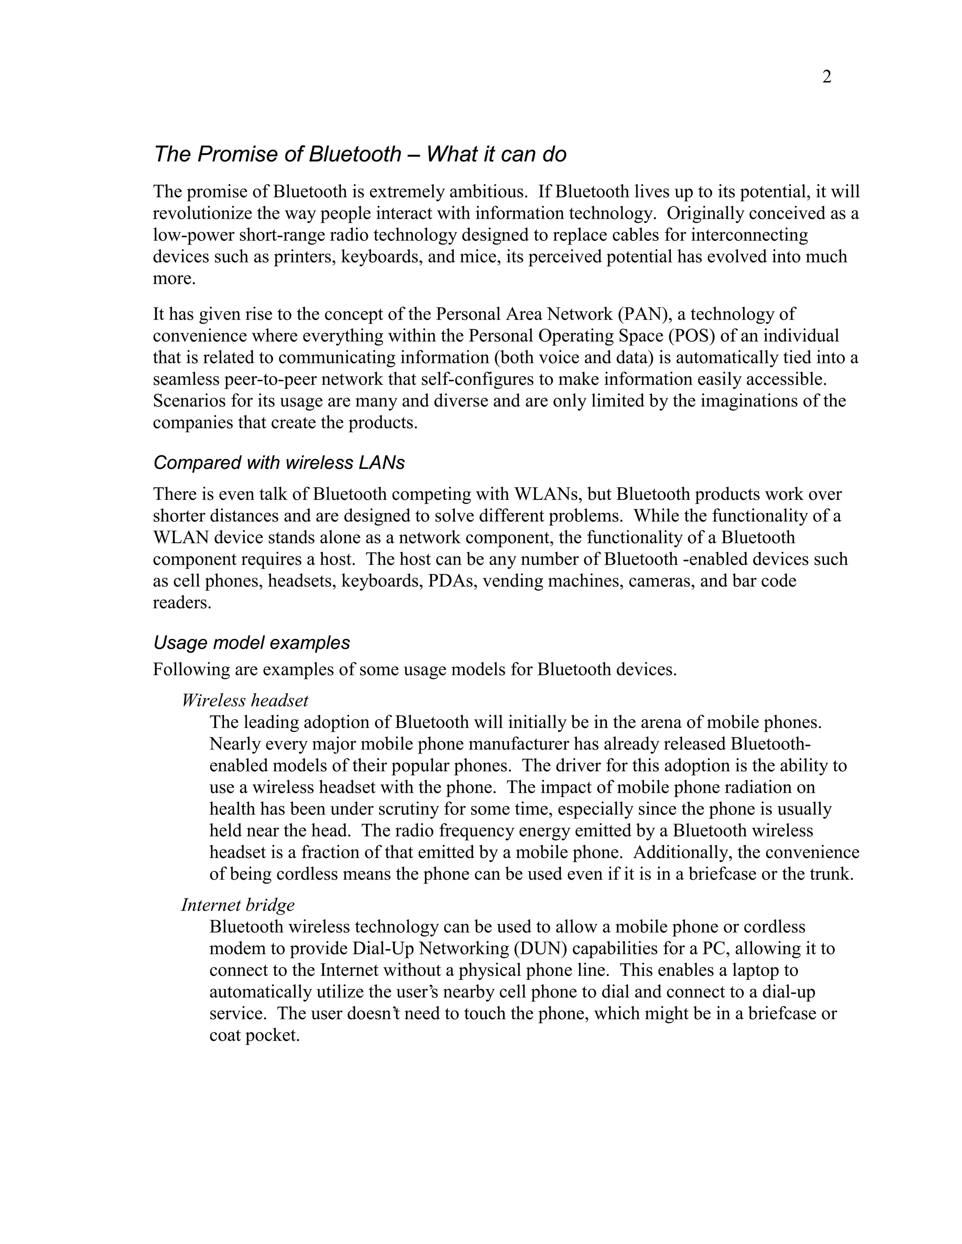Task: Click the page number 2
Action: coord(826,77)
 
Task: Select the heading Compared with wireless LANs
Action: coord(279,462)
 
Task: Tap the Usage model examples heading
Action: coord(251,643)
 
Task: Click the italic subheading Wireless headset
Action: coord(245,700)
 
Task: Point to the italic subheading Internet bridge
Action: coord(238,905)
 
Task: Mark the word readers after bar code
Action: coord(181,603)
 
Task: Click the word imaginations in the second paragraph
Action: coord(754,401)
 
